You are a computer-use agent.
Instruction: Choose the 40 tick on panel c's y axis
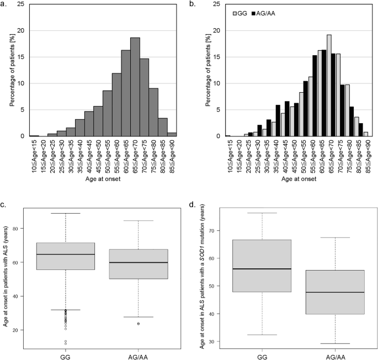[23, 297]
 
